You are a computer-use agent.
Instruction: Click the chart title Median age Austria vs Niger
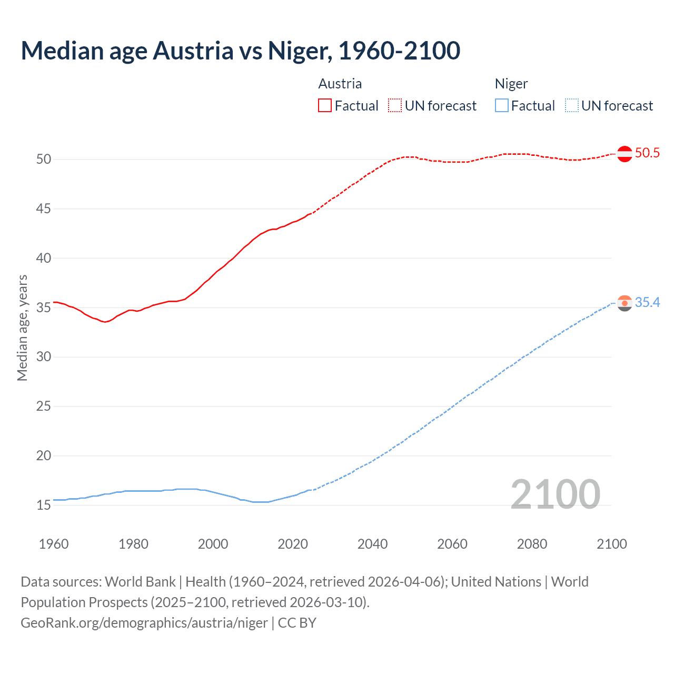pyautogui.click(x=240, y=51)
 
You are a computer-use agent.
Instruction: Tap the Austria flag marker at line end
pyautogui.click(x=625, y=154)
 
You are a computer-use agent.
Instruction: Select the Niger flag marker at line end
pyautogui.click(x=625, y=303)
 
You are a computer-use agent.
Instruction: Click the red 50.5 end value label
pyautogui.click(x=647, y=153)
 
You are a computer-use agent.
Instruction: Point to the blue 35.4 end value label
pyautogui.click(x=647, y=303)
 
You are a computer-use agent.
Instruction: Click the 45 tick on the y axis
pyautogui.click(x=44, y=209)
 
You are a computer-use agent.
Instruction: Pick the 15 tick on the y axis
pyautogui.click(x=44, y=506)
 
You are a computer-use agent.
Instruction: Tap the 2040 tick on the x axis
pyautogui.click(x=372, y=544)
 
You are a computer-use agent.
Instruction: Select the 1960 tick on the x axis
pyautogui.click(x=54, y=544)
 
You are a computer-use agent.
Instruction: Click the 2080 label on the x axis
pyautogui.click(x=532, y=544)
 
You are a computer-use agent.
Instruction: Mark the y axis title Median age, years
pyautogui.click(x=22, y=328)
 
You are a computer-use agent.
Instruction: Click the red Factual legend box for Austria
pyautogui.click(x=325, y=106)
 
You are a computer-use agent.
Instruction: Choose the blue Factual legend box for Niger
pyautogui.click(x=502, y=106)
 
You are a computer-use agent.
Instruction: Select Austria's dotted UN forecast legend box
pyautogui.click(x=395, y=106)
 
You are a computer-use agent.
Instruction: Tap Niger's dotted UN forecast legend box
pyautogui.click(x=572, y=106)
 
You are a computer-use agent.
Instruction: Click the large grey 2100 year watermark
pyautogui.click(x=555, y=494)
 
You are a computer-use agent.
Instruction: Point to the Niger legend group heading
pyautogui.click(x=511, y=84)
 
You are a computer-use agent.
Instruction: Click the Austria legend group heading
pyautogui.click(x=340, y=84)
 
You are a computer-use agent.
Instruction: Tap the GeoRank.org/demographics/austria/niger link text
pyautogui.click(x=144, y=623)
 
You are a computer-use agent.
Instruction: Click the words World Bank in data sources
pyautogui.click(x=140, y=582)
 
